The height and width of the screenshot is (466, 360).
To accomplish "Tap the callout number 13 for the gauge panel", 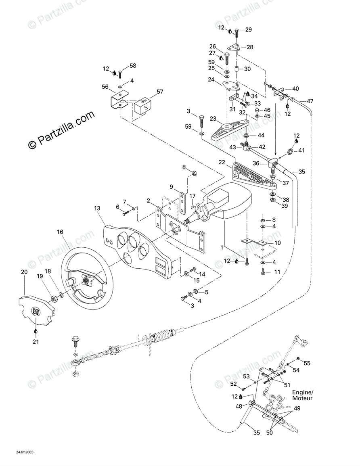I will (x=97, y=209).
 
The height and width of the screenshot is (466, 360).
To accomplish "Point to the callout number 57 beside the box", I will (x=160, y=92).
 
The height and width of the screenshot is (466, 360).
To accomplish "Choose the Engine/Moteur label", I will (x=303, y=395).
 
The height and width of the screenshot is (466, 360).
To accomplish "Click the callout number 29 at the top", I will (x=249, y=29).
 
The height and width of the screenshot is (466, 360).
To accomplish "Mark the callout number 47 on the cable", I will (x=310, y=101).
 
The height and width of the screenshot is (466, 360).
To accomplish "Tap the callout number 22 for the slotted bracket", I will (x=222, y=162).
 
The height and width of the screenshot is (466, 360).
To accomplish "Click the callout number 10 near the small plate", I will (x=278, y=243).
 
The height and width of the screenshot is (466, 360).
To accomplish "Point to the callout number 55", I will (x=307, y=363).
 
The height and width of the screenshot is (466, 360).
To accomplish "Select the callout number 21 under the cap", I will (x=36, y=342).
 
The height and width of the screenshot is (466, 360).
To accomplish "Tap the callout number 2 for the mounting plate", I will (x=149, y=201).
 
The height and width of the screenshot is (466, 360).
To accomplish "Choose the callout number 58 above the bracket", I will (x=133, y=66).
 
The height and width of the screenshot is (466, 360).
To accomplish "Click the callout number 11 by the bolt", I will (x=277, y=272).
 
